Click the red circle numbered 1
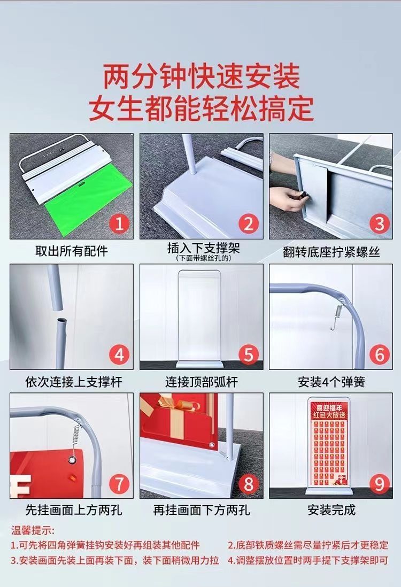pyautogui.click(x=119, y=224)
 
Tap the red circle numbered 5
pyautogui.click(x=249, y=354)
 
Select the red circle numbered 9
pyautogui.click(x=379, y=484)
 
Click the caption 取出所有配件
pyautogui.click(x=72, y=251)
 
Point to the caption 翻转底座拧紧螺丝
pyautogui.click(x=331, y=252)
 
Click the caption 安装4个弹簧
pyautogui.click(x=331, y=382)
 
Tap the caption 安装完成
pyautogui.click(x=331, y=510)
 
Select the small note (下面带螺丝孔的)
pyautogui.click(x=204, y=258)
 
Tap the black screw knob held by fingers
pyautogui.click(x=304, y=195)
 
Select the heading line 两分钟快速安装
pyautogui.click(x=202, y=77)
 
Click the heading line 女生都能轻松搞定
pyautogui.click(x=202, y=109)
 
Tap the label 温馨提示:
pyautogui.click(x=33, y=530)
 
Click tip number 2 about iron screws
pyautogui.click(x=308, y=545)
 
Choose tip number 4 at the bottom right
pyautogui.click(x=308, y=560)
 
